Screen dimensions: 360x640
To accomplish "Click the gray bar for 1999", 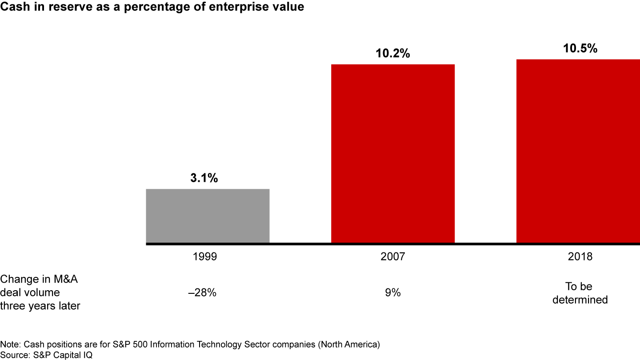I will click(x=208, y=216).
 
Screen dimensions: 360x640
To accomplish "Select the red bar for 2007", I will click(x=393, y=154).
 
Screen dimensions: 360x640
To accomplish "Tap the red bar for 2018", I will click(x=578, y=151).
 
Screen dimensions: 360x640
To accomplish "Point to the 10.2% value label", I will click(x=393, y=54).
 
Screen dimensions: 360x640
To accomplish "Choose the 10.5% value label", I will click(x=580, y=48).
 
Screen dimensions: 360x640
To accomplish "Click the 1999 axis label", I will click(x=205, y=257).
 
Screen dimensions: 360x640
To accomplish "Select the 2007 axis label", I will click(x=393, y=257).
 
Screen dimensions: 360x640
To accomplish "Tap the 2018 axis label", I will click(x=580, y=257).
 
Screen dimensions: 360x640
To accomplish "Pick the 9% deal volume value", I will click(x=393, y=293).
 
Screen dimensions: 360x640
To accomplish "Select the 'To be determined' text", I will click(x=580, y=293).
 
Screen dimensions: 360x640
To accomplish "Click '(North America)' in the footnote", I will click(x=354, y=344).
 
